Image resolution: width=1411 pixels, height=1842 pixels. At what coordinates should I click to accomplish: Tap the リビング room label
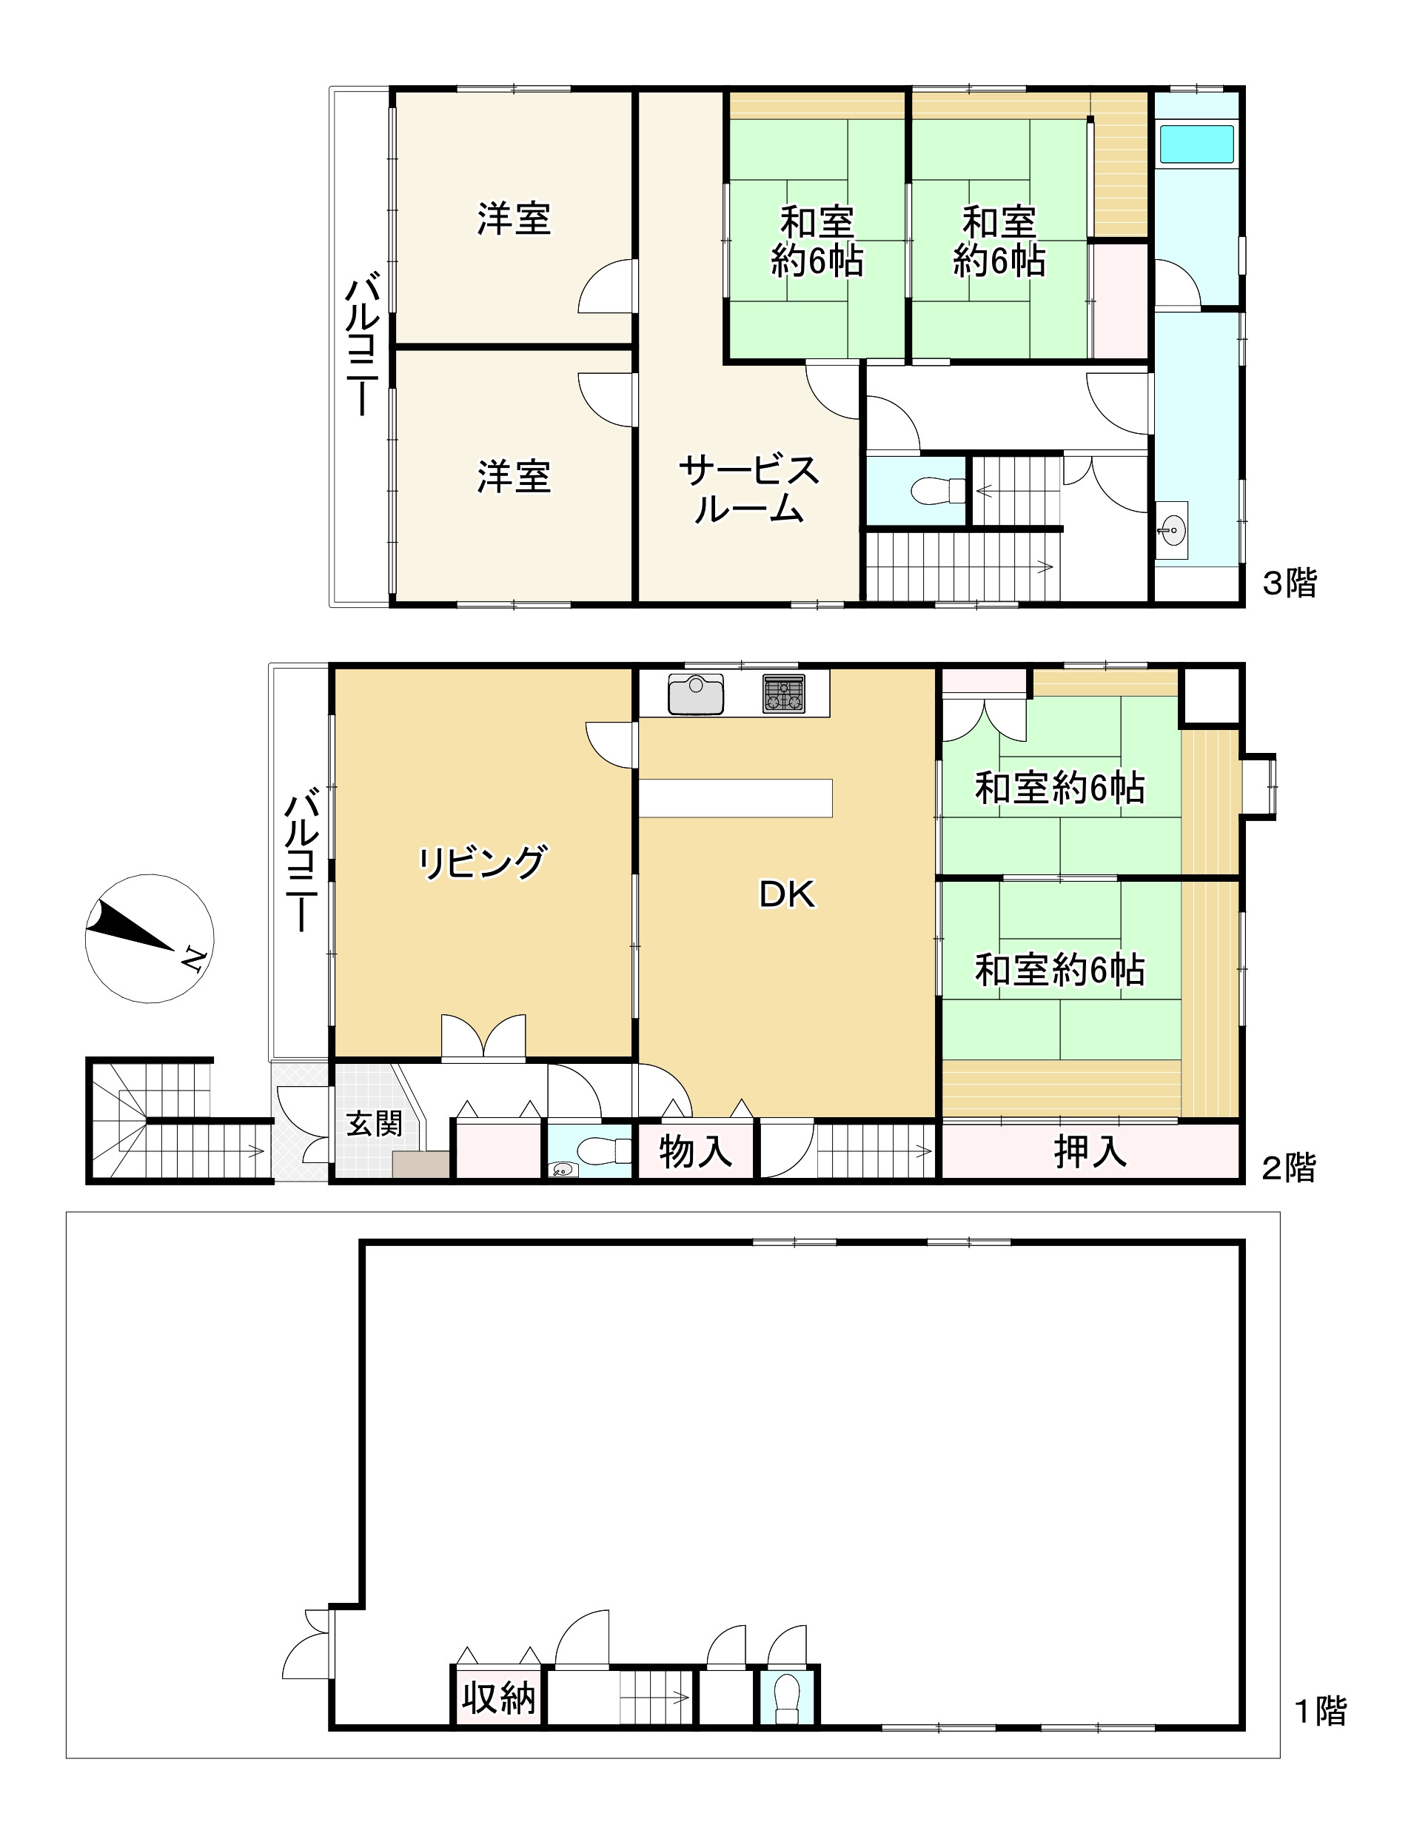point(483,863)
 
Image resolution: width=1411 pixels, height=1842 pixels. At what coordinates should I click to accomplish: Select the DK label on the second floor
point(787,894)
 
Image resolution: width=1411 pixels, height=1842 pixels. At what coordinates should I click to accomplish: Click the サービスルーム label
point(748,489)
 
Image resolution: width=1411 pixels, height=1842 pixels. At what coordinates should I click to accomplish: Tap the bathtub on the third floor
point(1196,144)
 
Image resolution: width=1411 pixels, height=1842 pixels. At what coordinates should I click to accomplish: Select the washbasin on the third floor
point(1171,530)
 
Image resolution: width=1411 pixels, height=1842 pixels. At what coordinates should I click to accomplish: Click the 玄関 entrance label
point(375,1123)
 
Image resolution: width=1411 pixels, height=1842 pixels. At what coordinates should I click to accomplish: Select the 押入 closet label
point(1090,1151)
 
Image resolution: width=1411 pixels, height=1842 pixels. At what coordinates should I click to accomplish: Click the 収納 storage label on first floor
point(499,1698)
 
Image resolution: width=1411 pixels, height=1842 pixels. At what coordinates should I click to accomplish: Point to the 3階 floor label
point(1290,583)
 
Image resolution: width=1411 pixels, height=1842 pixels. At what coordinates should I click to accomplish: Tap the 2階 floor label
point(1289,1168)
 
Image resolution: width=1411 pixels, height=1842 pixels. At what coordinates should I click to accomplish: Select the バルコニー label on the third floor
point(363,344)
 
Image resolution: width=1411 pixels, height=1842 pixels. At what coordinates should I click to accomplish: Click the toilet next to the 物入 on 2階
point(603,1149)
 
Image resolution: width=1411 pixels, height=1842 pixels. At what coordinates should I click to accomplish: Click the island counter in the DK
point(736,798)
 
